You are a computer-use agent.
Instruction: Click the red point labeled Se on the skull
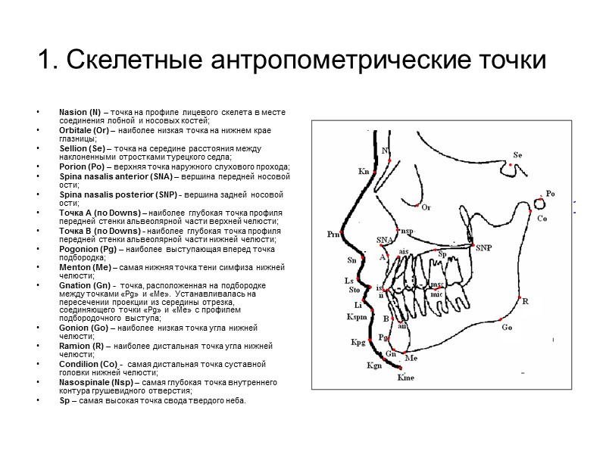(x=511, y=164)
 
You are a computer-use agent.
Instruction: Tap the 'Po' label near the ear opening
(x=550, y=194)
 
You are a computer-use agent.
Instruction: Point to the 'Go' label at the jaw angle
(x=507, y=327)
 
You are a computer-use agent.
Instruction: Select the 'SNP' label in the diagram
(x=483, y=247)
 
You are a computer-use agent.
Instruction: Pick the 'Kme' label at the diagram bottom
(x=405, y=378)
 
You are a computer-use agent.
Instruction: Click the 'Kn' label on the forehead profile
(x=363, y=172)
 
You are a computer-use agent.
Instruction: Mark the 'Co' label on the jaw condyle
(x=542, y=218)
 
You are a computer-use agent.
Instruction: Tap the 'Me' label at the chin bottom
(x=411, y=357)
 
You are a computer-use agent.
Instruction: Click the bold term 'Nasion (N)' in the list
(x=79, y=113)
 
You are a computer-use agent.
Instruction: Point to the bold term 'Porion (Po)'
(x=82, y=166)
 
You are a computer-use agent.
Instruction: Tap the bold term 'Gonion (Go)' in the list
(x=83, y=328)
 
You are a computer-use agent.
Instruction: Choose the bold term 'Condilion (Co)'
(x=86, y=364)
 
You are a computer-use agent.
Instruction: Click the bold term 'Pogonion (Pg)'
(x=87, y=248)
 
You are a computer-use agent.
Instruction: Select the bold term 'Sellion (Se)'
(x=81, y=148)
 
